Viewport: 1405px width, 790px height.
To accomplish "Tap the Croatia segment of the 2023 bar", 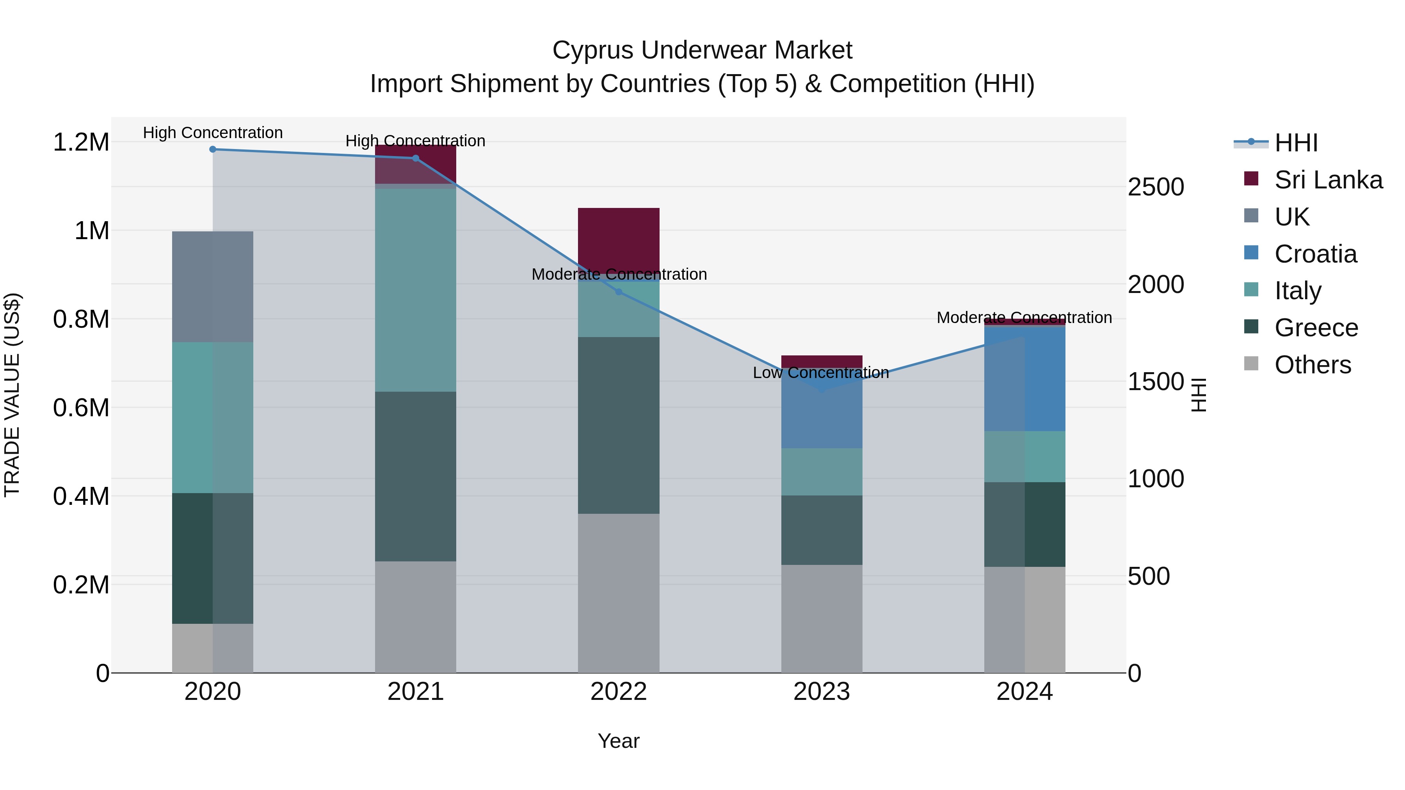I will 822,417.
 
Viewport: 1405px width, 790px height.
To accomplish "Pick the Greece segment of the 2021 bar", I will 416,476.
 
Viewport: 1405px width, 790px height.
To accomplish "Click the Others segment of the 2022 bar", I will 619,593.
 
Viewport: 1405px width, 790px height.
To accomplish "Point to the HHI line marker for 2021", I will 416,158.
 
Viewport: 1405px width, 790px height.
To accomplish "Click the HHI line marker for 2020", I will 213,149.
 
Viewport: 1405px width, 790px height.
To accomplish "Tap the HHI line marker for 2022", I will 619,292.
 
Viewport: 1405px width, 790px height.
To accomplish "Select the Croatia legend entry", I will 1314,254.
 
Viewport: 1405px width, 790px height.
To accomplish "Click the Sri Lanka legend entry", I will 1328,179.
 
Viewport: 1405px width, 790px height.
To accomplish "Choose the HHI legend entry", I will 1295,143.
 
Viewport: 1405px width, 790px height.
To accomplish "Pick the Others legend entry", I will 1312,364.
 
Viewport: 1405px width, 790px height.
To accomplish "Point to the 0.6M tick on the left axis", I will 81,407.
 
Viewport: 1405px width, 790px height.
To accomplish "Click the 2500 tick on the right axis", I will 1155,187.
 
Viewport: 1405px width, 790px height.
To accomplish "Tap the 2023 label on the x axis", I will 822,691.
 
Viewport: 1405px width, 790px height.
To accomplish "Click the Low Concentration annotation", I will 821,373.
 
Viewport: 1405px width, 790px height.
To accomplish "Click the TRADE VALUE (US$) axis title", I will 12,395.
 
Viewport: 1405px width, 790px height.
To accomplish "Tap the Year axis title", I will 619,741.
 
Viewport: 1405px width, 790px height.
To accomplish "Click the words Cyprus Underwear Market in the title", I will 702,50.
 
